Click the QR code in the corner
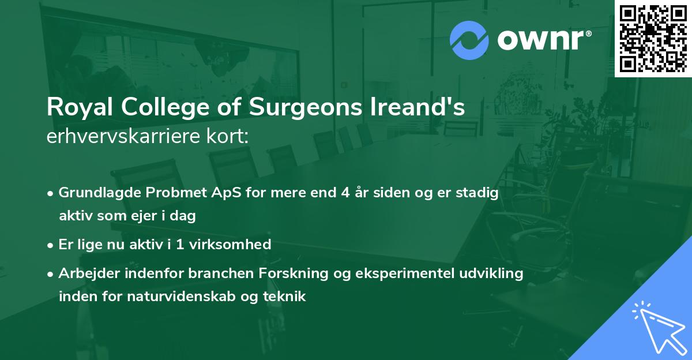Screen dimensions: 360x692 point(653,38)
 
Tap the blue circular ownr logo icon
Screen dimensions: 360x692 point(469,40)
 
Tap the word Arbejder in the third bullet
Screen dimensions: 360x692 point(85,273)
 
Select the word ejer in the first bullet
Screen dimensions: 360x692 point(151,216)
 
